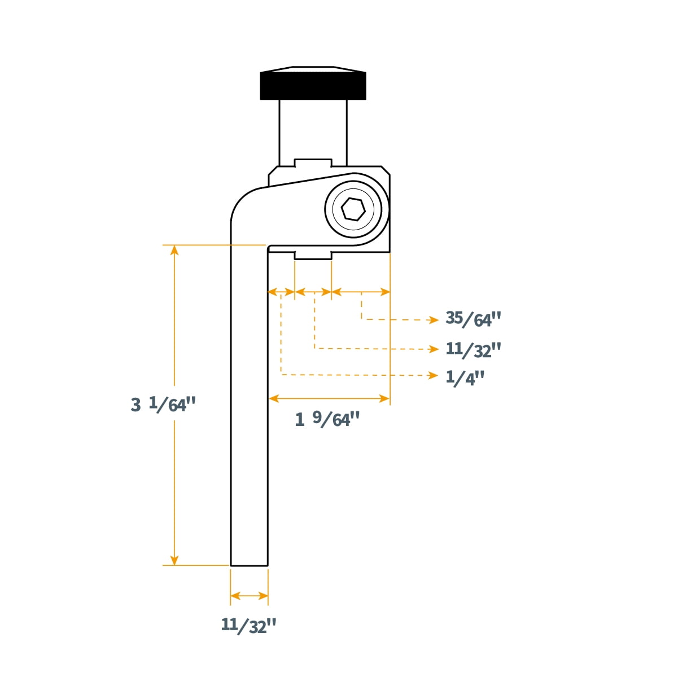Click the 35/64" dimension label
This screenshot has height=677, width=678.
tap(473, 319)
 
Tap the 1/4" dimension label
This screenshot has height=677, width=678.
tap(465, 378)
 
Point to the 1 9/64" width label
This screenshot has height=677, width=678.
tap(327, 419)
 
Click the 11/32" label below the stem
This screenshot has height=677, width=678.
tap(248, 626)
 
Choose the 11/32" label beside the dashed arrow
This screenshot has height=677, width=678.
tap(473, 349)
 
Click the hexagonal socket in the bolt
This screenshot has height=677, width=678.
tap(353, 209)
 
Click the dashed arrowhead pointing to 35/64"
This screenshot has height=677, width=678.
tap(434, 320)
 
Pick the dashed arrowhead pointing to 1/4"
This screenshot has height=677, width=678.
tap(434, 376)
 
